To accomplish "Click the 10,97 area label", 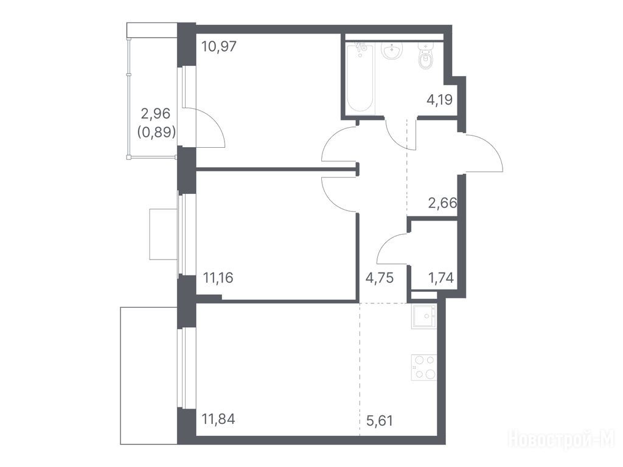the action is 219,47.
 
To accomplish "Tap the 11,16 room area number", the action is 218,277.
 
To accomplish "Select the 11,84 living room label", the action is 218,418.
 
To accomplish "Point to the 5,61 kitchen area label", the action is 380,420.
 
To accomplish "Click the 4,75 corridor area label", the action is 380,277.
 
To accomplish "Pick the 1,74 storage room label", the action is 440,277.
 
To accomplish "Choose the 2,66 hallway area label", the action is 443,203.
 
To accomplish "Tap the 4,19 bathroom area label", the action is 439,99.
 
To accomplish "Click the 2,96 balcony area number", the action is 156,114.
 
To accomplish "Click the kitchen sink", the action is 424,316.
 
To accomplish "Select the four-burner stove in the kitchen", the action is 424,367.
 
